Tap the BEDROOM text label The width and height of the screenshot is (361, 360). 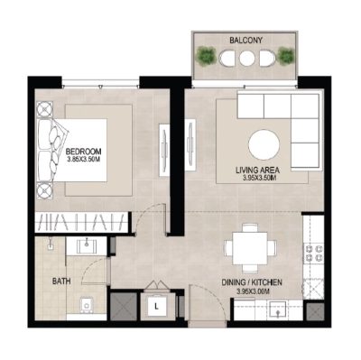84,152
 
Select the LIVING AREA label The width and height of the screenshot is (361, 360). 264,170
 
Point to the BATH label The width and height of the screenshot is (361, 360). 61,282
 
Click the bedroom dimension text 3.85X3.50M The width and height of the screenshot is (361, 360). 84,162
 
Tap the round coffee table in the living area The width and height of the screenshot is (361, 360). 264,144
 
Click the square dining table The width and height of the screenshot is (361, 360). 248,247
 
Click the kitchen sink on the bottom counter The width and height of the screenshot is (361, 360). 279,310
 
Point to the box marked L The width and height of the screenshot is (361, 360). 156,306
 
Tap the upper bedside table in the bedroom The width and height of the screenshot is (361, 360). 45,110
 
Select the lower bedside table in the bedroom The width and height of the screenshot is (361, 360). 45,189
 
